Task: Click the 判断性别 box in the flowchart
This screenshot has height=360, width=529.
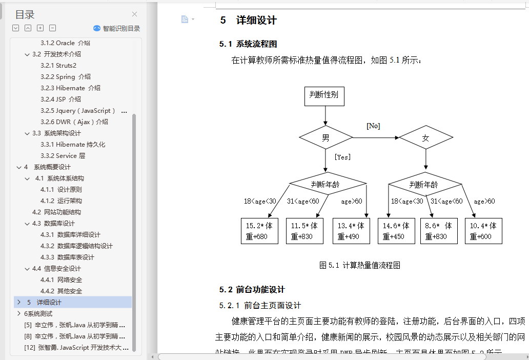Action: pyautogui.click(x=324, y=95)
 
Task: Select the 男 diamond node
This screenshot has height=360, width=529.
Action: pyautogui.click(x=325, y=137)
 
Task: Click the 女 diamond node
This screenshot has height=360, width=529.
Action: pyautogui.click(x=425, y=137)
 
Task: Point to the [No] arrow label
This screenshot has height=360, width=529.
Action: pyautogui.click(x=373, y=126)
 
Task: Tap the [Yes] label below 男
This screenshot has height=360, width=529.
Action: pyautogui.click(x=342, y=157)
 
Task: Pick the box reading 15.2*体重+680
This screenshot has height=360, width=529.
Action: pyautogui.click(x=260, y=231)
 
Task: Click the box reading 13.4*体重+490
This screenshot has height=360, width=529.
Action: pyautogui.click(x=351, y=231)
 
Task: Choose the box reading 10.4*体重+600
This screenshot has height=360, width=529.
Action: pyautogui.click(x=483, y=231)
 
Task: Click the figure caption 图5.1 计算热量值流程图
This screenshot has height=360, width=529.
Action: pyautogui.click(x=359, y=265)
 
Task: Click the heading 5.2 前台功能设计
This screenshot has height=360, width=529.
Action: pyautogui.click(x=252, y=289)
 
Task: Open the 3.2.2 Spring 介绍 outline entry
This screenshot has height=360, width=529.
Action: pyautogui.click(x=66, y=76)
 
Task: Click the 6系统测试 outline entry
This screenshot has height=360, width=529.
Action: pyautogui.click(x=38, y=313)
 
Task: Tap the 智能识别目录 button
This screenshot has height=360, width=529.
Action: pyautogui.click(x=116, y=29)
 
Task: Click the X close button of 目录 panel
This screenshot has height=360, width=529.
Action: pyautogui.click(x=135, y=14)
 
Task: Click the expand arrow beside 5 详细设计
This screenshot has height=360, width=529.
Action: pyautogui.click(x=19, y=302)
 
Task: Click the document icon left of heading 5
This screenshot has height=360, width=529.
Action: pyautogui.click(x=185, y=19)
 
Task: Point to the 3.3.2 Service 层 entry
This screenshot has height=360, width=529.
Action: pyautogui.click(x=63, y=155)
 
